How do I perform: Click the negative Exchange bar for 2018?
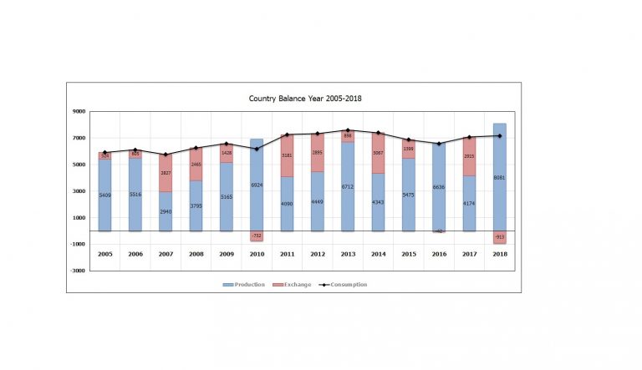point(499,237)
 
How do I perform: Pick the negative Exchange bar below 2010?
point(257,236)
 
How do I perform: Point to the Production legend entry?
point(244,285)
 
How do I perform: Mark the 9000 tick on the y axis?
point(79,111)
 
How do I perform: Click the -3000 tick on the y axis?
point(77,271)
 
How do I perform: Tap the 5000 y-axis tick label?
point(79,165)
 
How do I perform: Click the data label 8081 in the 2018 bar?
point(499,178)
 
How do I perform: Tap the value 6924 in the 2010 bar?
point(257,185)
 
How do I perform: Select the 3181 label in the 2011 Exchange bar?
point(287,155)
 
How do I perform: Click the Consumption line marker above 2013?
point(348,130)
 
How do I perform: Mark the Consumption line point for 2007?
point(166,155)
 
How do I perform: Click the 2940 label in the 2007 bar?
point(166,212)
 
